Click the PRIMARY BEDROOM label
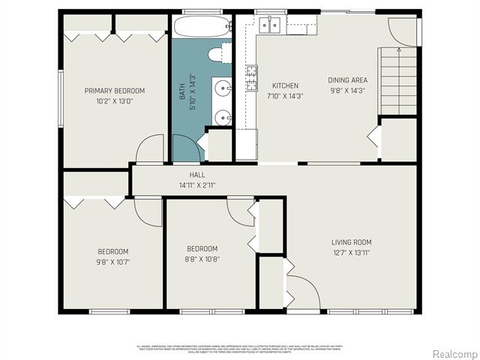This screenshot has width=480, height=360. [x=114, y=91]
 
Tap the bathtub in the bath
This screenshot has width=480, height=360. [x=201, y=28]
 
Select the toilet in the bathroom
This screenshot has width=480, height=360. [x=218, y=54]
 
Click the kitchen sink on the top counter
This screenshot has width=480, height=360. [x=270, y=25]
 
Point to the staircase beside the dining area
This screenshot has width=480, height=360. [x=398, y=79]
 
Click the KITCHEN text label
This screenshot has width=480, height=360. [x=285, y=85]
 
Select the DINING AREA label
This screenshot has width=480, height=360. [x=347, y=79]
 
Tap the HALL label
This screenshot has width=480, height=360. [x=197, y=175]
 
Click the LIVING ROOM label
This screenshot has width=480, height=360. [x=352, y=242]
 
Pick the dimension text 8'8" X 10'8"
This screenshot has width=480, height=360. [x=202, y=259]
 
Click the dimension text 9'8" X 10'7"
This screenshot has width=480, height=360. [x=113, y=262]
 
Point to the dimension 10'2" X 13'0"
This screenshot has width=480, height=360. [x=114, y=100]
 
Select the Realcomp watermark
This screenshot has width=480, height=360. [x=453, y=353]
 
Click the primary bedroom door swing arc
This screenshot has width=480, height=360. [x=151, y=148]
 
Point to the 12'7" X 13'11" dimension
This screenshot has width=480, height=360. [x=352, y=252]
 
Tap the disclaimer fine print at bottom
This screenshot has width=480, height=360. [x=240, y=349]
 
